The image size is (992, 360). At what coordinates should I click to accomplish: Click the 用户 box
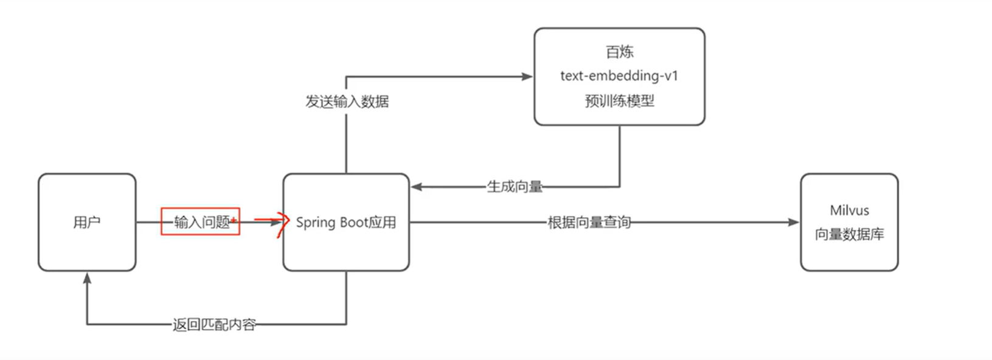click(87, 223)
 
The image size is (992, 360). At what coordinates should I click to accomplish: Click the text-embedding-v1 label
click(619, 76)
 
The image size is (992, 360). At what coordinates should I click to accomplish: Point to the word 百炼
click(619, 52)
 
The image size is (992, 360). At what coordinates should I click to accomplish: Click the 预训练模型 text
click(619, 101)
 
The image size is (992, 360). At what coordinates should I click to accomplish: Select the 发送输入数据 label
click(347, 102)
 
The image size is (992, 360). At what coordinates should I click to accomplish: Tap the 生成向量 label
click(515, 187)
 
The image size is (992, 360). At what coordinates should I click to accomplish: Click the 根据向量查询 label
click(589, 223)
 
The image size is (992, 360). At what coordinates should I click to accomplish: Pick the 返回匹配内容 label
click(214, 325)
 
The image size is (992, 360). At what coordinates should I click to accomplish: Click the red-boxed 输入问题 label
click(201, 222)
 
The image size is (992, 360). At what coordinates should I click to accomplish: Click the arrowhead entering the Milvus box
click(794, 223)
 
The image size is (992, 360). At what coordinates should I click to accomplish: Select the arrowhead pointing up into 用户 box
click(87, 278)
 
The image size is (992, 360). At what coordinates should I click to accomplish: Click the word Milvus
click(849, 210)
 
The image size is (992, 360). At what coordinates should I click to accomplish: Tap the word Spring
click(315, 223)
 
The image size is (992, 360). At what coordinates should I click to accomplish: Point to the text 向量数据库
click(849, 235)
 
